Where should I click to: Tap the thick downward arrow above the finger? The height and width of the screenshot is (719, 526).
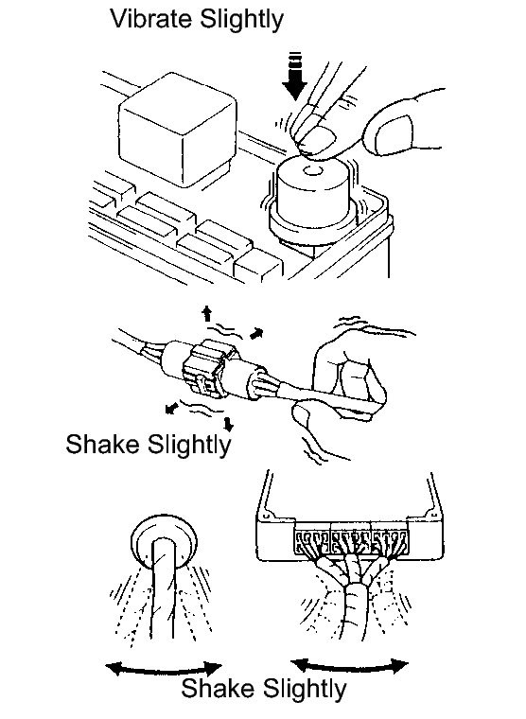tap(294, 76)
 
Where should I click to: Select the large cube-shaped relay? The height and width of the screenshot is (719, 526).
tap(177, 130)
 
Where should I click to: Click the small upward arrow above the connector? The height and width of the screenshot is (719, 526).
tap(207, 314)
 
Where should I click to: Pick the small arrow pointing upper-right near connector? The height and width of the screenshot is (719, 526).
tap(256, 333)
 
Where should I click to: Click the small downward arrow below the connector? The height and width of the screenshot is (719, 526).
tap(228, 424)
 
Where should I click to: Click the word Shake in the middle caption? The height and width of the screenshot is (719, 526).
tap(103, 444)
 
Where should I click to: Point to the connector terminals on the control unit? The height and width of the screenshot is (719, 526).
tap(351, 541)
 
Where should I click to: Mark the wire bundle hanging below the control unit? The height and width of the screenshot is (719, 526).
tap(352, 596)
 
